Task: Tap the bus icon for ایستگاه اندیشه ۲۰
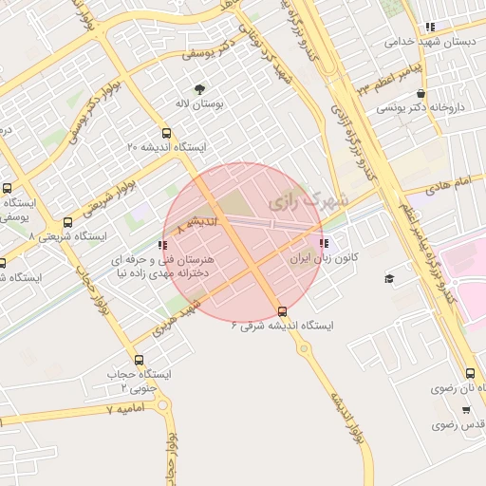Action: (168, 133)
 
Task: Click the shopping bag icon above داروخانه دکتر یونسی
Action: (421, 94)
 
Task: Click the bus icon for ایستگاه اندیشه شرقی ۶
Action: (282, 311)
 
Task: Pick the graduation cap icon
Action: (389, 278)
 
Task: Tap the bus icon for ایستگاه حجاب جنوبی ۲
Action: (140, 361)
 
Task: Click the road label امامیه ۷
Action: (122, 409)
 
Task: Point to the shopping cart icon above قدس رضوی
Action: (466, 410)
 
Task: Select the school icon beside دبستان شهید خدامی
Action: (430, 28)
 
